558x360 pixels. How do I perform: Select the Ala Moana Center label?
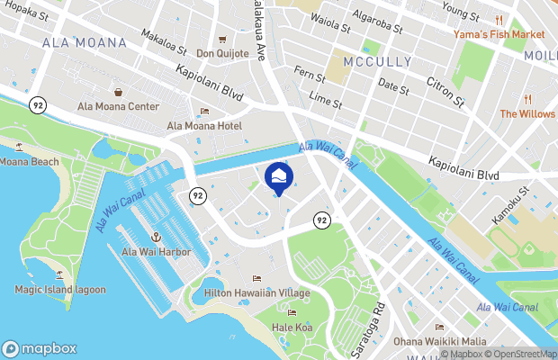pyautogui.click(x=118, y=106)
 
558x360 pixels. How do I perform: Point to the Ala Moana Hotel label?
pyautogui.click(x=204, y=126)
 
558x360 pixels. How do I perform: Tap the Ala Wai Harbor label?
pyautogui.click(x=156, y=252)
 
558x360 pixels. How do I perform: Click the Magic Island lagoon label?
pyautogui.click(x=59, y=290)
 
